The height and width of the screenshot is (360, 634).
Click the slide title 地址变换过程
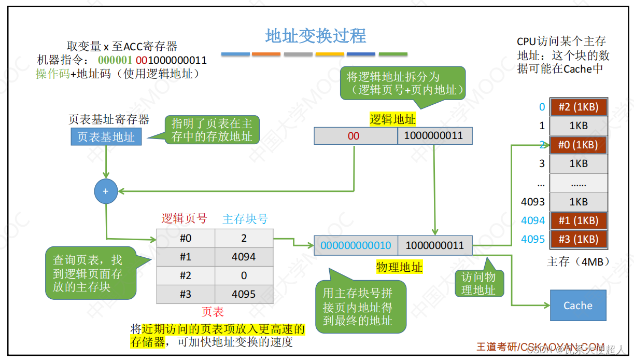315,36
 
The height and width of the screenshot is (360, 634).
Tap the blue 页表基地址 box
106,137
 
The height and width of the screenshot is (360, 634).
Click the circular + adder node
106,191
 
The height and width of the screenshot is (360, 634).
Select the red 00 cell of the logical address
354,136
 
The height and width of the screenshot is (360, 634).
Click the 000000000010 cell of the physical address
356,245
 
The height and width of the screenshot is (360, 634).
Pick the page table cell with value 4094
244,257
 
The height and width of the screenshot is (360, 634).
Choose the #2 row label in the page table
186,275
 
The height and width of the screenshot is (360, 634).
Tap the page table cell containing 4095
244,294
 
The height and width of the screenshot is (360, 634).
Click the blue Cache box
577,306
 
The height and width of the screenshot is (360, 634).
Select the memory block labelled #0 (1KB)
578,145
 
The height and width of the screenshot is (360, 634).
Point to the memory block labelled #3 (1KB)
578,239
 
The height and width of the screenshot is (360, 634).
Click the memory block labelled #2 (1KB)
578,107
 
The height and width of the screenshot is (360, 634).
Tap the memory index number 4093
533,201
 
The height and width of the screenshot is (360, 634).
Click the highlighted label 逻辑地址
392,120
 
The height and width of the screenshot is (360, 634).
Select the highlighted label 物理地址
399,268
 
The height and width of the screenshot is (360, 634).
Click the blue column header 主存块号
245,219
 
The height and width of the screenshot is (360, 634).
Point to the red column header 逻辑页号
184,219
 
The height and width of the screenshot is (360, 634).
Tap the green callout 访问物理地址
478,284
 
